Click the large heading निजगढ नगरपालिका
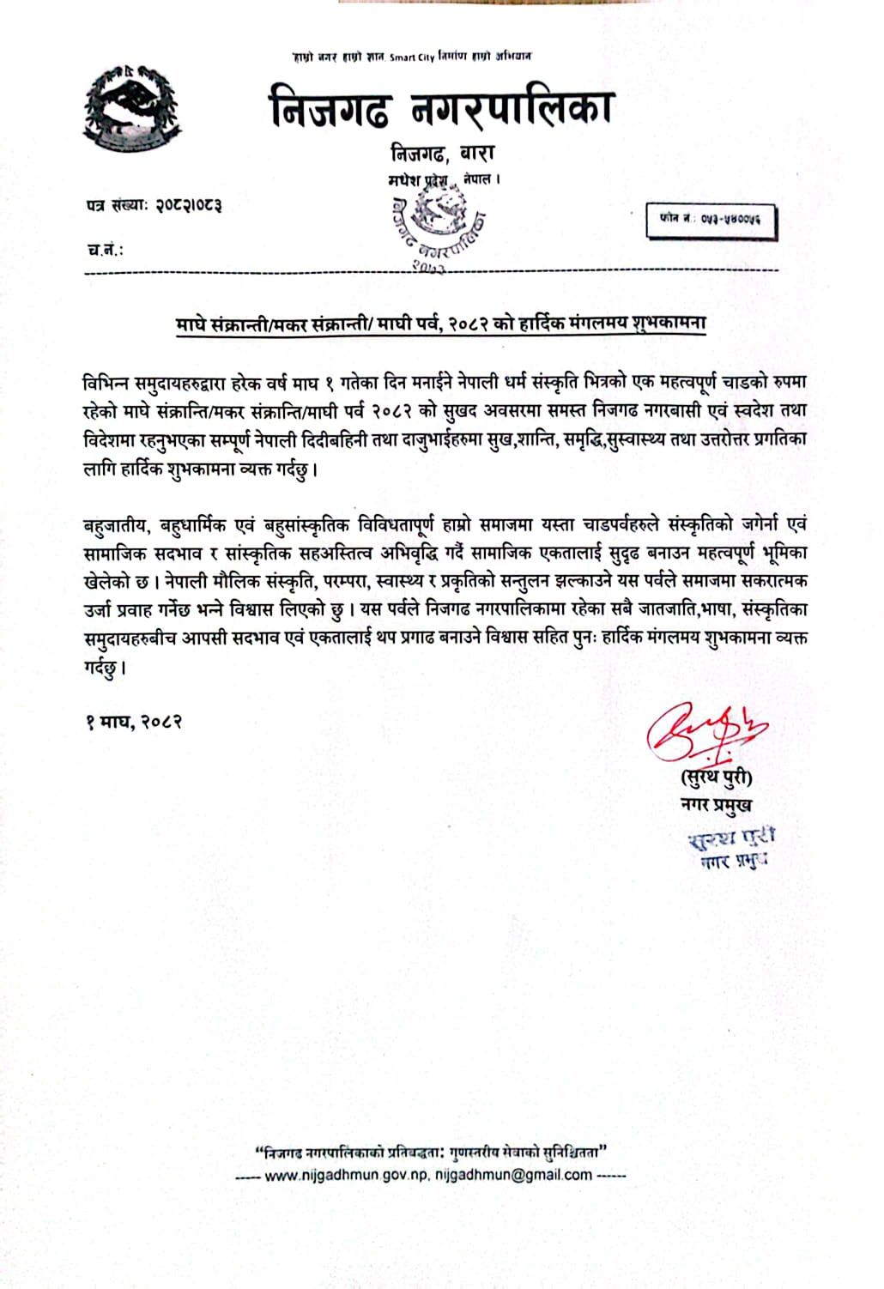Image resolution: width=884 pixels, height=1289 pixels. (x=441, y=109)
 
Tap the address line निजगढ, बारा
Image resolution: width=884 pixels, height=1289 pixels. (x=442, y=154)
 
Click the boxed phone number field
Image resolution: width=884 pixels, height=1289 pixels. (x=711, y=220)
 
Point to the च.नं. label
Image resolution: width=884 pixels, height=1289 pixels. (x=105, y=250)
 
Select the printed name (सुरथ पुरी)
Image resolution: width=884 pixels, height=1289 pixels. (x=715, y=778)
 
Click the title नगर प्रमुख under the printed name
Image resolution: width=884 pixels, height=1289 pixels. (x=715, y=805)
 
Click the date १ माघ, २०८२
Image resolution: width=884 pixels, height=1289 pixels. (x=133, y=721)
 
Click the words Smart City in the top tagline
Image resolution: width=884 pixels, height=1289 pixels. (x=412, y=57)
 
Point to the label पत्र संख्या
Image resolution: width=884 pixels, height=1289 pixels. (x=117, y=205)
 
